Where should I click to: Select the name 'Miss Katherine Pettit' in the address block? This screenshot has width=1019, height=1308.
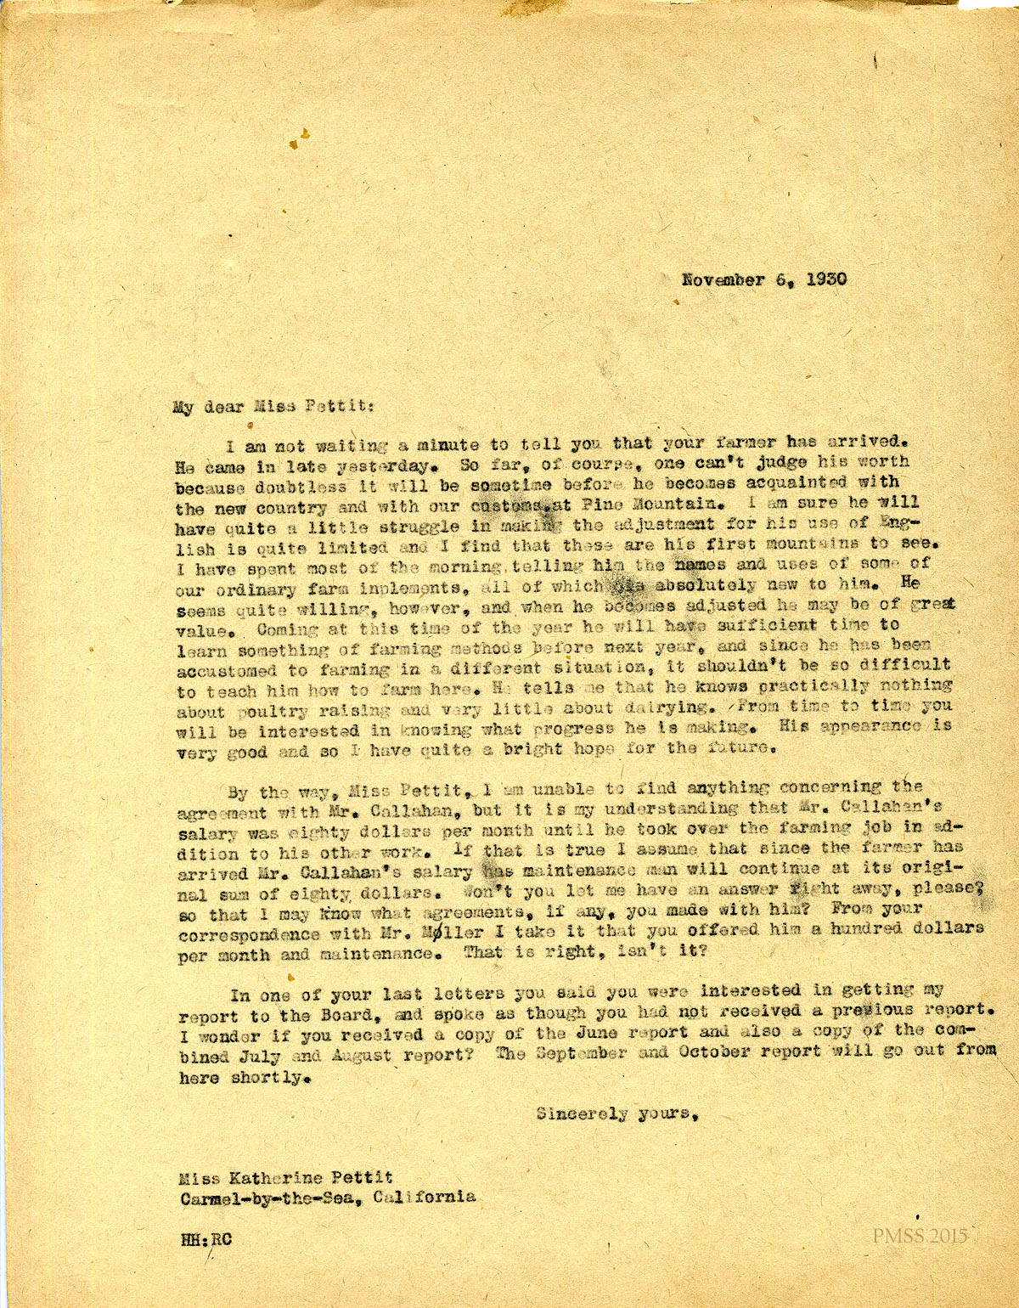[286, 1177]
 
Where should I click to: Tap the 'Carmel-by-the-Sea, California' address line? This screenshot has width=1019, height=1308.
[327, 1198]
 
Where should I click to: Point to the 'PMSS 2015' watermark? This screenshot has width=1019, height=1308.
[919, 1236]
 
